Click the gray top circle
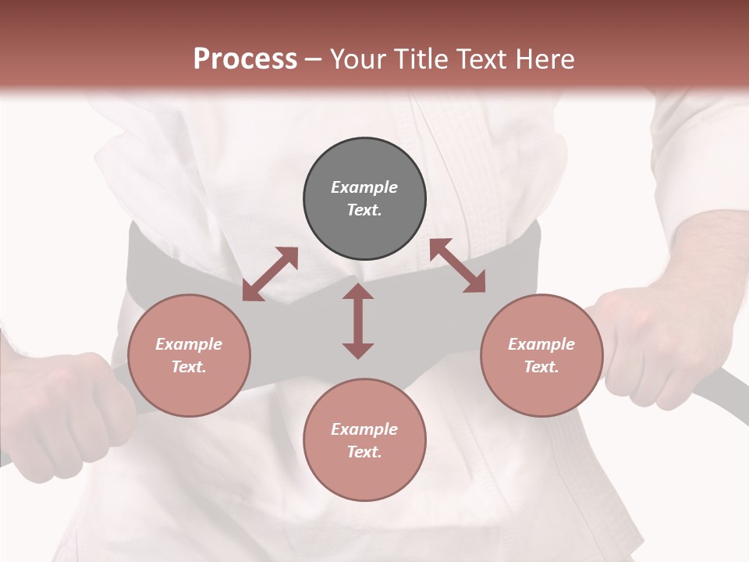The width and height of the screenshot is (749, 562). pos(364,198)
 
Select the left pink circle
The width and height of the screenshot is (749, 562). pos(189,355)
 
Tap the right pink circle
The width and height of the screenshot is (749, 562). pos(541,355)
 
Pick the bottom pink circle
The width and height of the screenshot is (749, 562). pos(364,439)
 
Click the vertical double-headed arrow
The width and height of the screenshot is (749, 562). pos(358,321)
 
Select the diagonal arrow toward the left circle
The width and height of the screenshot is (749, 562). pos(270,274)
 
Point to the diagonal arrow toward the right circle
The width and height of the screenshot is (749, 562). pos(457,266)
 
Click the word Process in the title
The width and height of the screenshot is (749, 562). pos(245,59)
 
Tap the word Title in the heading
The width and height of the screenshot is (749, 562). pos(424,59)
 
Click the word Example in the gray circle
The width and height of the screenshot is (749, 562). pos(364,187)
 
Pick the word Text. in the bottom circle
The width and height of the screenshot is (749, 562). pos(364,452)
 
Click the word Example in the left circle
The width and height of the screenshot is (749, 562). pos(189,344)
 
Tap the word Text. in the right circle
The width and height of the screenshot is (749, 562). pos(541,367)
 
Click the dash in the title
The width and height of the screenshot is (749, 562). pos(313,59)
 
